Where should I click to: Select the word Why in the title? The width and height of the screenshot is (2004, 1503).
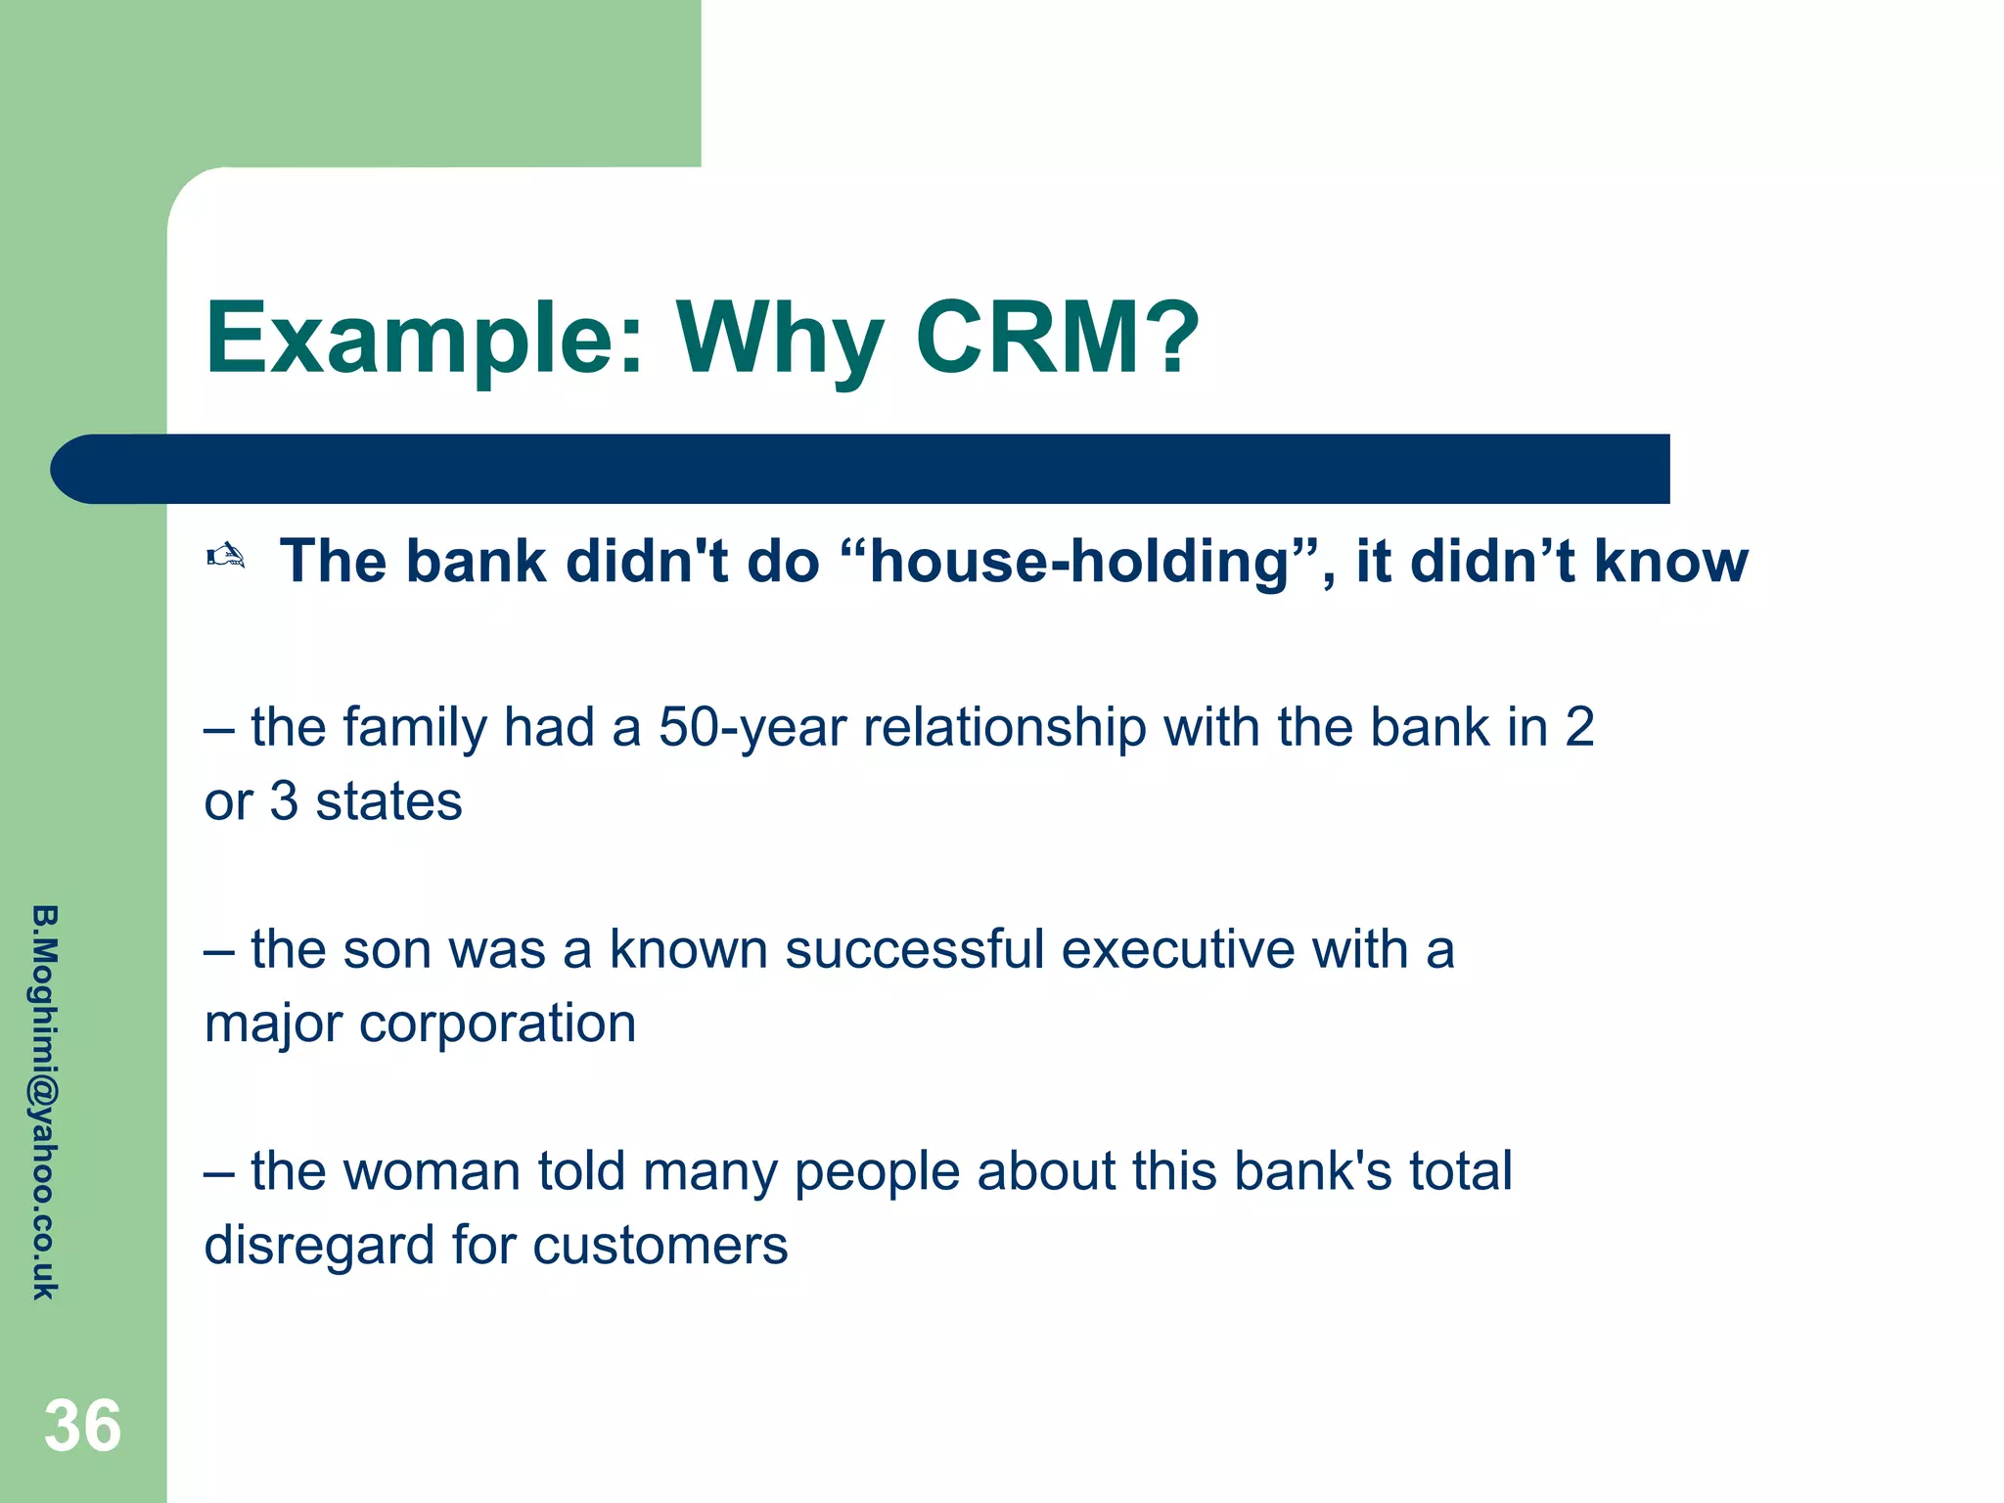[x=780, y=341]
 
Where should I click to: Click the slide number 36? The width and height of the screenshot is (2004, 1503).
[x=82, y=1426]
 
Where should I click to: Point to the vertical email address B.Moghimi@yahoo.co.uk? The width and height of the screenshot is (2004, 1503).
[x=45, y=1102]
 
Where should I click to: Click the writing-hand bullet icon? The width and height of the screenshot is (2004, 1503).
[x=226, y=557]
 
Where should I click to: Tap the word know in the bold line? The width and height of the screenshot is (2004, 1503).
[x=1670, y=562]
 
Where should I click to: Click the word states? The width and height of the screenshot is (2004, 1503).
[x=388, y=801]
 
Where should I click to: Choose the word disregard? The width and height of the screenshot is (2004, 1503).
[x=319, y=1246]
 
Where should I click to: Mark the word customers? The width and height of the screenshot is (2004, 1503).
[x=660, y=1246]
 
